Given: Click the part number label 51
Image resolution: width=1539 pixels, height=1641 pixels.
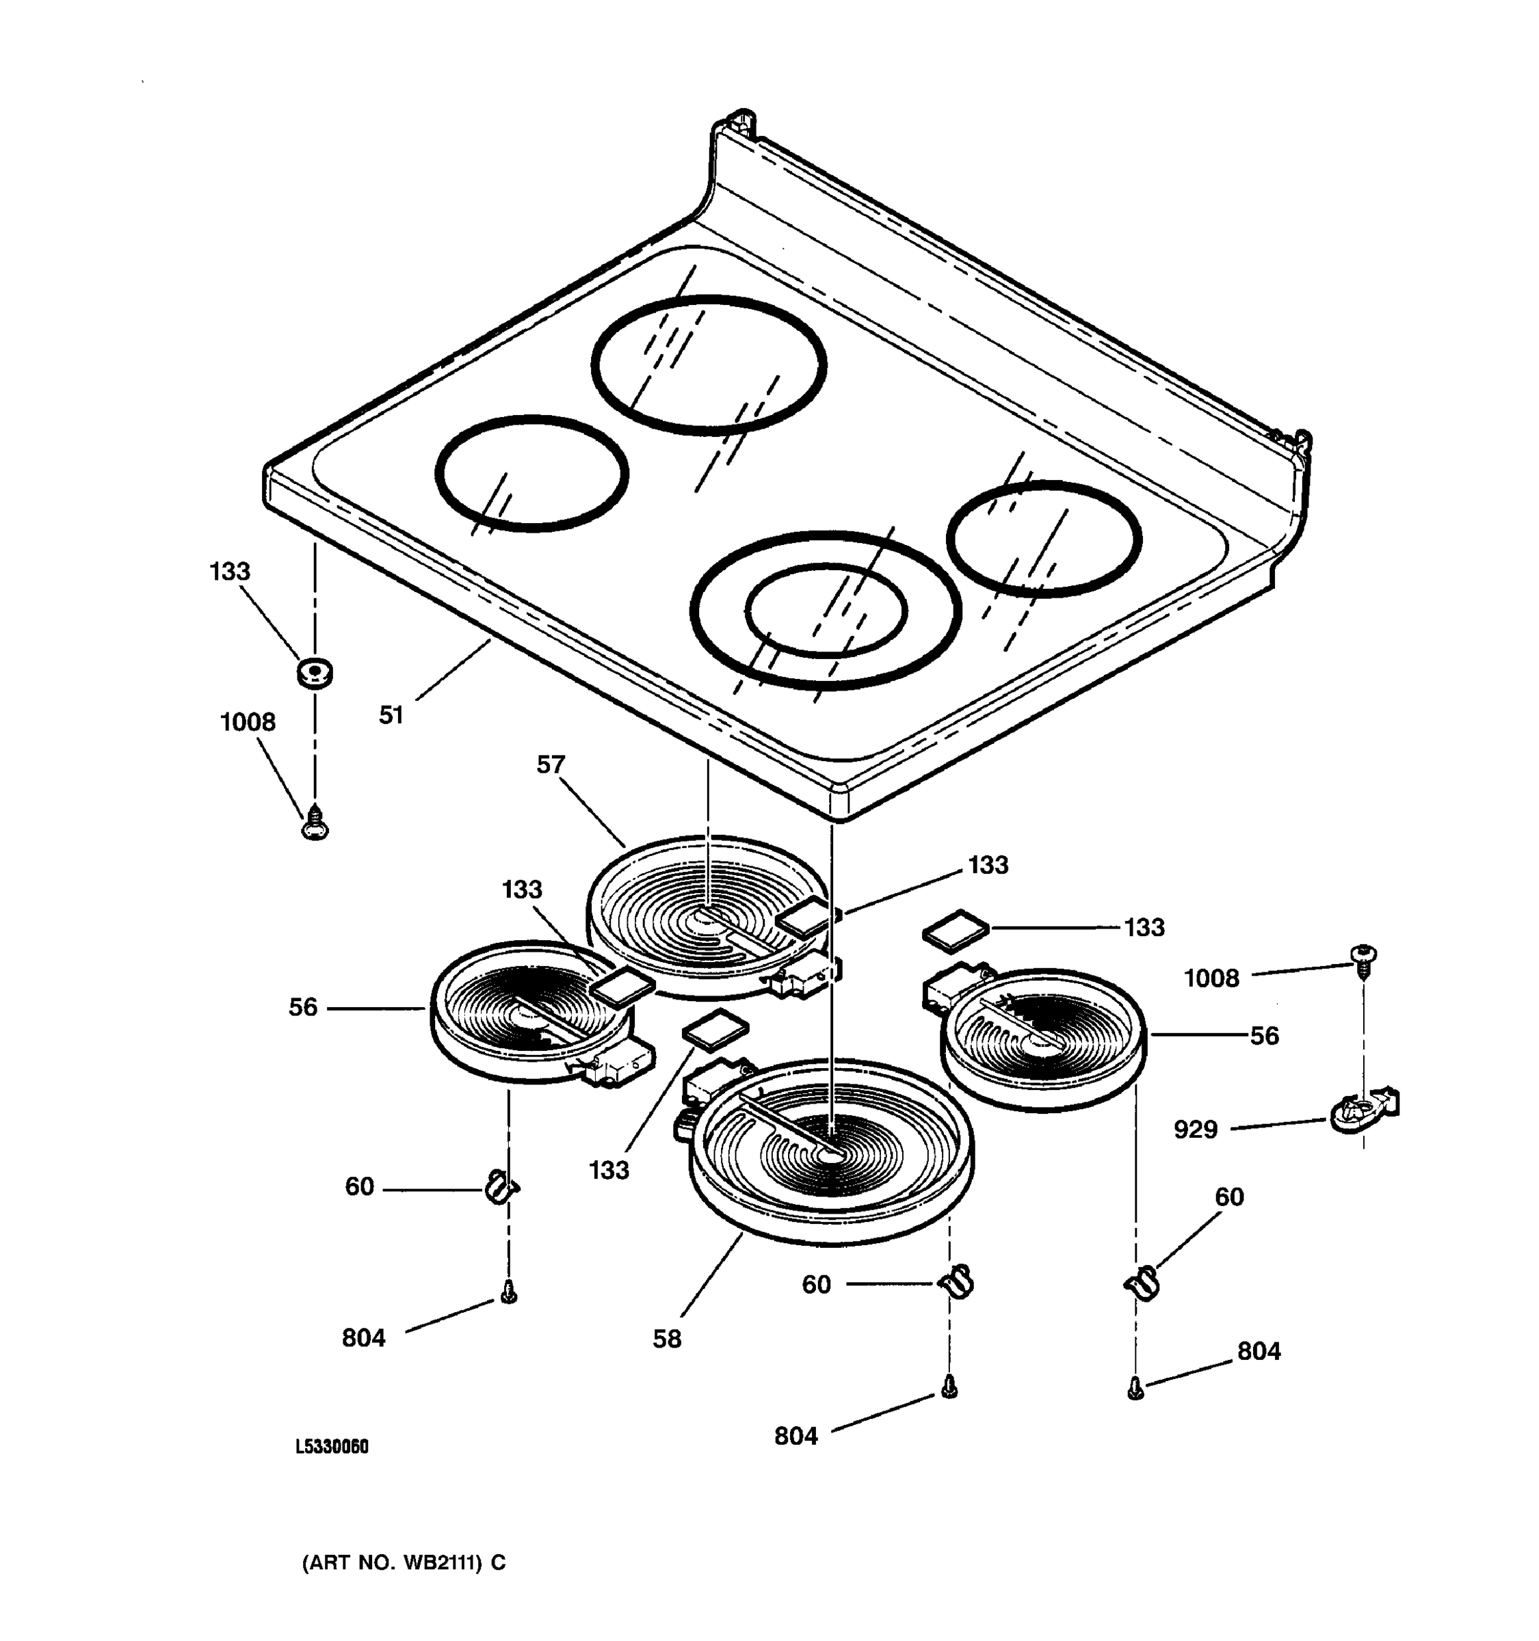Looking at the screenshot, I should [391, 715].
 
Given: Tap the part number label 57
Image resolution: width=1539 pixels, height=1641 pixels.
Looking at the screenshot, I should [550, 764].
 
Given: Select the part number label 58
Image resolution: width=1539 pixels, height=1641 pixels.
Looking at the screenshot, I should [667, 1339].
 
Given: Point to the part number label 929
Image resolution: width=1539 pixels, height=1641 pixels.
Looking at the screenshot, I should [1196, 1130].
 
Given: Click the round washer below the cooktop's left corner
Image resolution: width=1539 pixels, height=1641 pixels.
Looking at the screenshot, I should [315, 673].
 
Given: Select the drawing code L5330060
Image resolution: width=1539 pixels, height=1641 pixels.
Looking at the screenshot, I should [332, 1447].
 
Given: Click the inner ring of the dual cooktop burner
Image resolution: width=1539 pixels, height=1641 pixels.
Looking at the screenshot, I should [826, 611].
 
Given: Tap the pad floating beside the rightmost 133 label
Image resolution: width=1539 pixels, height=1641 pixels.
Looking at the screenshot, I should [956, 931].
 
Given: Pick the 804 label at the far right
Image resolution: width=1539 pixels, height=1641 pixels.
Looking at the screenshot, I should [1259, 1351].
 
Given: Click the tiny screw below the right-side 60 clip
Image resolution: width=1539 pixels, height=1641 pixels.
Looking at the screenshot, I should [1136, 1389].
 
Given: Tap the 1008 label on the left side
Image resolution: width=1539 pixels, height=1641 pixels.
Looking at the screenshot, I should [248, 722].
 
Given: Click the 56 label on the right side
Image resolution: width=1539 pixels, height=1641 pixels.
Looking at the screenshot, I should [1264, 1036].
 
